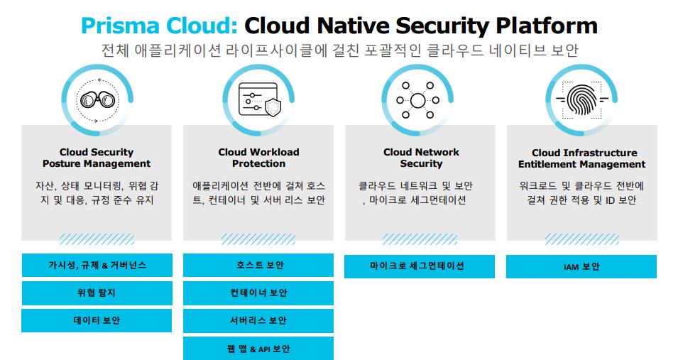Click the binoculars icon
click(x=97, y=100)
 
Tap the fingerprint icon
click(x=581, y=100)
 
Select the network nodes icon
click(x=417, y=100)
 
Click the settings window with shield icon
click(x=259, y=100)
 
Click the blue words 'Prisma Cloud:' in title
click(x=159, y=26)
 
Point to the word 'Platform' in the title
click(x=547, y=26)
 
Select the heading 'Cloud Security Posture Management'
click(x=97, y=158)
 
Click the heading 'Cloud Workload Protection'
click(x=258, y=158)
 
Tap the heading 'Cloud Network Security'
click(x=421, y=158)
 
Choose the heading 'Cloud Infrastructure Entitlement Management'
click(x=582, y=158)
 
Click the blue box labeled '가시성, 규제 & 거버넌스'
click(x=97, y=266)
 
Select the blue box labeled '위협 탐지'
click(x=97, y=293)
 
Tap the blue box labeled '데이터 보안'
click(x=97, y=321)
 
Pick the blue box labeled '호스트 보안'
click(x=258, y=266)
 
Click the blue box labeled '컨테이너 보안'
click(x=258, y=293)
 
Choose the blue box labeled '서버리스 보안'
click(x=258, y=321)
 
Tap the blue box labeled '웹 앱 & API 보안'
click(x=258, y=349)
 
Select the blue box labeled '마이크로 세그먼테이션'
click(x=420, y=266)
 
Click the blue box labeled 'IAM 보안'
click(x=581, y=266)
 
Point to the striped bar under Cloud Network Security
click(x=420, y=239)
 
